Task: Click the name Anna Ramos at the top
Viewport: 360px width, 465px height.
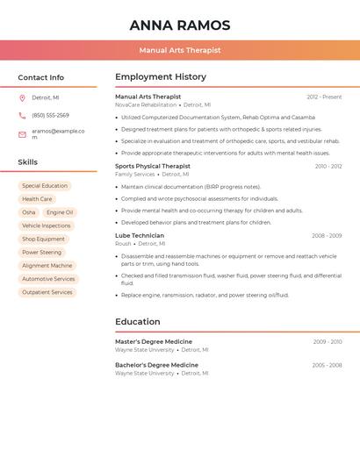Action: (180, 25)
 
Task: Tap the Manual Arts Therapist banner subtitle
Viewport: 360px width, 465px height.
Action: (180, 50)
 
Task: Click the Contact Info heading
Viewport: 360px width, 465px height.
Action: (41, 77)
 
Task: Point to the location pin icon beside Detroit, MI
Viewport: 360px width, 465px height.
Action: (22, 97)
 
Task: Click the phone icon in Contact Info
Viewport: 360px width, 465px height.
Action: (22, 115)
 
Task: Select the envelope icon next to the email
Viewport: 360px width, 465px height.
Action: (22, 134)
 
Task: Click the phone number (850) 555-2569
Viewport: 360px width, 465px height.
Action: (50, 115)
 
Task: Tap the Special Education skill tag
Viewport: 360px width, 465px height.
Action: (45, 186)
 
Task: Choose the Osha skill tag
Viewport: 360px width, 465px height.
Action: (29, 212)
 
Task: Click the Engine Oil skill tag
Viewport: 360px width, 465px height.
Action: (61, 212)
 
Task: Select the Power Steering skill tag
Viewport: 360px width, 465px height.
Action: (42, 252)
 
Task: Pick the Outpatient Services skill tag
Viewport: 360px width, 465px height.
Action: (47, 292)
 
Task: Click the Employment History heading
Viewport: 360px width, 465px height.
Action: (161, 77)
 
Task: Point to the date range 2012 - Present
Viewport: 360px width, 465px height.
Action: (324, 97)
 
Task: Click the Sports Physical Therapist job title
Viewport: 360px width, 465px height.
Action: (153, 166)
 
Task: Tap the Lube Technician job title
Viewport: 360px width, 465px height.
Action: (140, 235)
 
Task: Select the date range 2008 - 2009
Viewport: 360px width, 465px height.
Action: (327, 235)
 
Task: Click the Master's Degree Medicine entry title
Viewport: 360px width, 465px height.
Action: (154, 341)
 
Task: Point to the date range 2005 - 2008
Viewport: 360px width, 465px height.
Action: (327, 365)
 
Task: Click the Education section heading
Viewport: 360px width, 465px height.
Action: (138, 322)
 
